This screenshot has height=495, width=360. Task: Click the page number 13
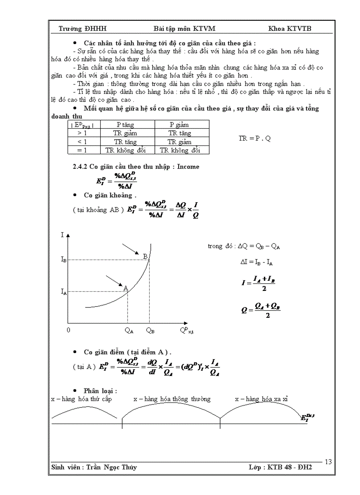click(328, 462)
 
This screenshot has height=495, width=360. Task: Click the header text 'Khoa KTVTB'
click(289, 29)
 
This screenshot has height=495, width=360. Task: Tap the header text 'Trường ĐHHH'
click(82, 29)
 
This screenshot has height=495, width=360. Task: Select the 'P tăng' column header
click(127, 125)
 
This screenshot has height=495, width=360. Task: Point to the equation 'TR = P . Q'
click(255, 138)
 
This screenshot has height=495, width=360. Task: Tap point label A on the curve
click(126, 288)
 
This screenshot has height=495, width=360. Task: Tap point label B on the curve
click(145, 256)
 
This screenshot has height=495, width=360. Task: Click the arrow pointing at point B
click(130, 248)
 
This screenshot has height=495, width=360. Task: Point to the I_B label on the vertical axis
click(64, 260)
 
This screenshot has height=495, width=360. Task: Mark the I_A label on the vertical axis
click(64, 291)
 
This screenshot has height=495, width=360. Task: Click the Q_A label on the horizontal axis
click(129, 330)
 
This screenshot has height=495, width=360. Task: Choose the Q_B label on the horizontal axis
click(150, 330)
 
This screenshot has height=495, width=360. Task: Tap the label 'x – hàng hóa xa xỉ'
click(261, 399)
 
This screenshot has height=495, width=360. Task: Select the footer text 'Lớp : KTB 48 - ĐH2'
click(280, 467)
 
